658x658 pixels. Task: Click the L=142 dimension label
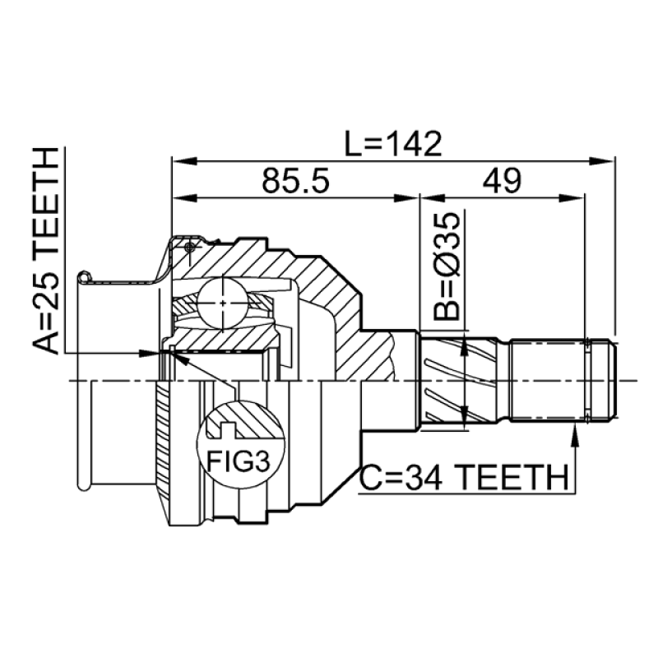point(393,144)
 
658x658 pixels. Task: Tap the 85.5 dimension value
point(296,181)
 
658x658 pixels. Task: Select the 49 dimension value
point(502,181)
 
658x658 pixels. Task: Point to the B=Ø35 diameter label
point(447,266)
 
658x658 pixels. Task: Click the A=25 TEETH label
point(45,251)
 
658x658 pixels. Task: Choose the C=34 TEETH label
point(465,478)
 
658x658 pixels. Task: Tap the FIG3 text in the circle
point(238,461)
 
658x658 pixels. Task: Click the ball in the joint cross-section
point(222,303)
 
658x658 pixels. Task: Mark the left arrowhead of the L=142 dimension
point(183,161)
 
